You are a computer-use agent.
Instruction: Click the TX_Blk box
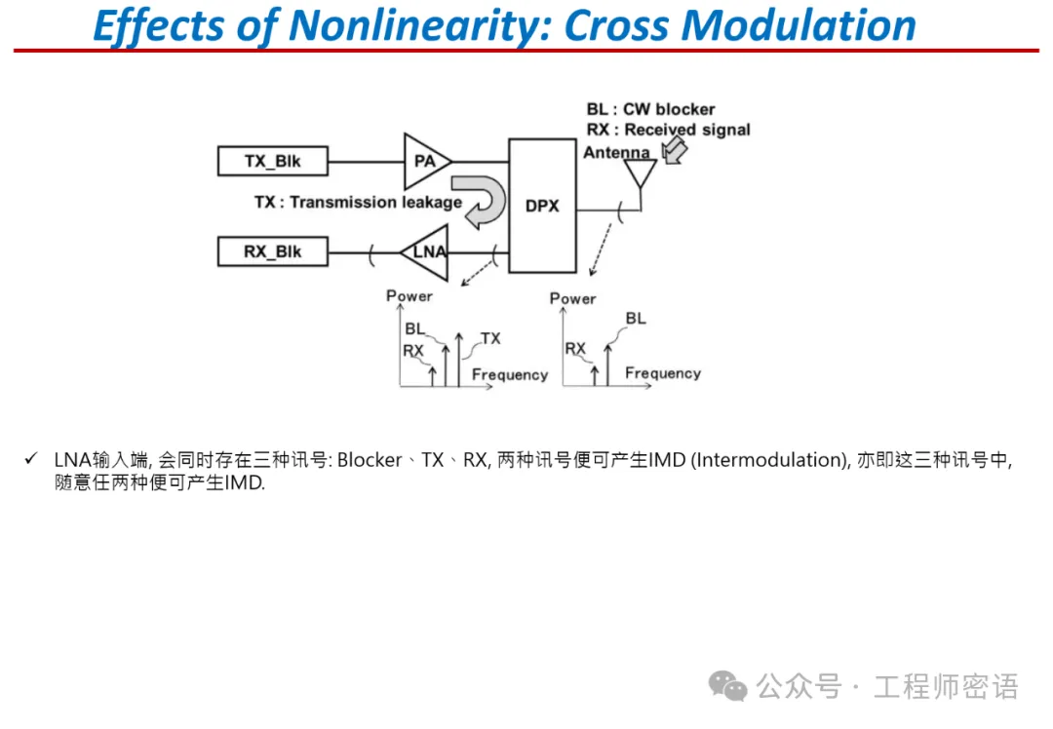[x=272, y=161]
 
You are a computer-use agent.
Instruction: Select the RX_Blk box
[x=272, y=251]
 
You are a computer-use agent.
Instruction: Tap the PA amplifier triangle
[x=426, y=161]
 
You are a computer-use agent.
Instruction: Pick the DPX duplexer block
[x=541, y=206]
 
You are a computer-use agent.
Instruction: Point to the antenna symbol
[x=641, y=174]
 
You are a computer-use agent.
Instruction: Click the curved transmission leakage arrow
[x=484, y=201]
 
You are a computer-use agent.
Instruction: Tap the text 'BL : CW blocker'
[x=650, y=109]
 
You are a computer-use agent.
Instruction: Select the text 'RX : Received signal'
[x=668, y=130]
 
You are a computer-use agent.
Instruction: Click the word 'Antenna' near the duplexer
[x=616, y=153]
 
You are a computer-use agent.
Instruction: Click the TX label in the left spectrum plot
[x=490, y=338]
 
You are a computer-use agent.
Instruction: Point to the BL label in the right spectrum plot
[x=636, y=319]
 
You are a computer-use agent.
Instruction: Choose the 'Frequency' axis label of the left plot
[x=510, y=374]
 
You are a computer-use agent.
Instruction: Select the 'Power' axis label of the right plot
[x=572, y=298]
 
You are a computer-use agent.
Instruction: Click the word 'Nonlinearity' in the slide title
[x=407, y=26]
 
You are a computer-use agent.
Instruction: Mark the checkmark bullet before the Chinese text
[x=32, y=459]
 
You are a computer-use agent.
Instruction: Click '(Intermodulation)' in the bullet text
[x=768, y=460]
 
